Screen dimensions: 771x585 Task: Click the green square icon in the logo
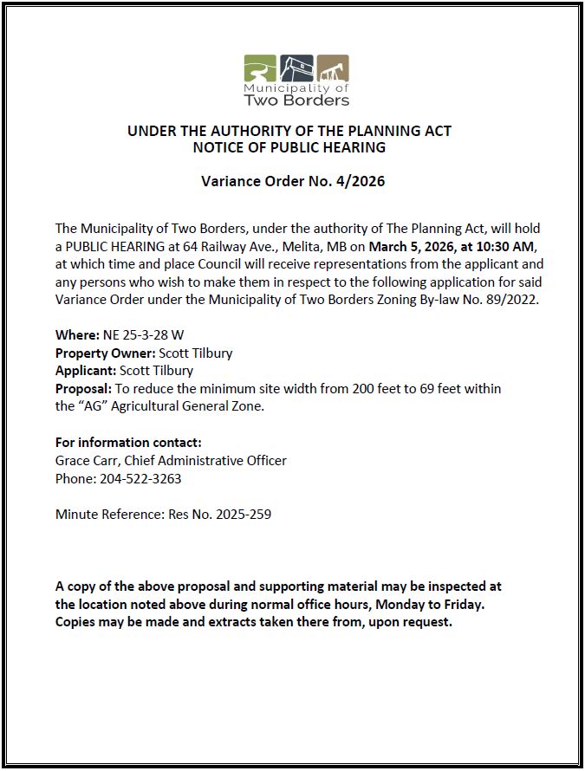[x=259, y=68]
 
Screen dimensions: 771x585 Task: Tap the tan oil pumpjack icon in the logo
[x=333, y=68]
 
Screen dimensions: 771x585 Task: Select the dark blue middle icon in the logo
[x=296, y=67]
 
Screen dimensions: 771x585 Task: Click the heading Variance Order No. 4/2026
[x=293, y=182]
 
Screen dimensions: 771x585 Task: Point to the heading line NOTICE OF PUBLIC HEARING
[x=289, y=147]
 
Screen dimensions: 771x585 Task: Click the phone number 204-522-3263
[x=141, y=478]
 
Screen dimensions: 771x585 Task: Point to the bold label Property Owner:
[x=105, y=353]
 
